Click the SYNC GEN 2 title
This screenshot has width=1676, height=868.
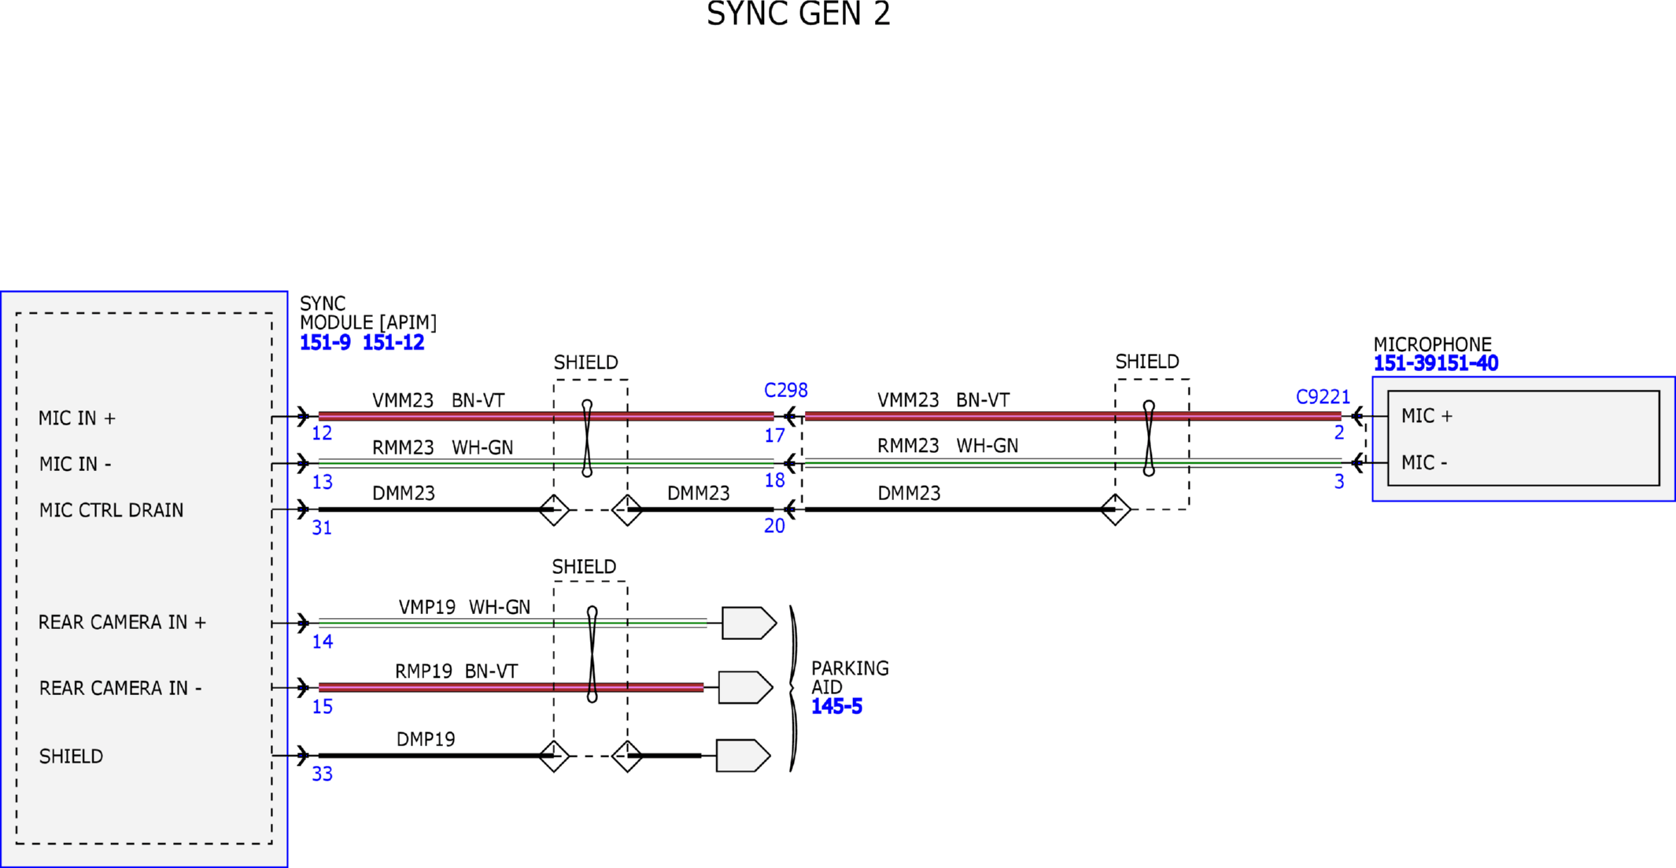(x=798, y=14)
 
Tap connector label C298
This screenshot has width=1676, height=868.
(x=785, y=390)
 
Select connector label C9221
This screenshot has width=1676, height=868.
(x=1323, y=397)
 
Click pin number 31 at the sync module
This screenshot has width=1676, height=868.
(x=322, y=528)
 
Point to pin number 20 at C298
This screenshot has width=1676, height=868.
(x=774, y=526)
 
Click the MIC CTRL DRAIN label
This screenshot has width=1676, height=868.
(x=111, y=510)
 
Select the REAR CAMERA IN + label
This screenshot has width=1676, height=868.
(x=122, y=623)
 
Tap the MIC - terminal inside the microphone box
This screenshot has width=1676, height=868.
(x=1423, y=463)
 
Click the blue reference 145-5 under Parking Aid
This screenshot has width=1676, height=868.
(x=836, y=706)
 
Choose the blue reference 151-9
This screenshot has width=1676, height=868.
(x=325, y=343)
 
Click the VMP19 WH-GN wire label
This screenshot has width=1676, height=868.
(x=464, y=607)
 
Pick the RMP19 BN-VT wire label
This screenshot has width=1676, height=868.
(x=456, y=671)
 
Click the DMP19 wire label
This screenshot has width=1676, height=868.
(x=426, y=739)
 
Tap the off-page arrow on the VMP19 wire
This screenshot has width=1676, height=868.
(x=748, y=623)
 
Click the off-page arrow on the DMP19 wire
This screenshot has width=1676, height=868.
(x=742, y=756)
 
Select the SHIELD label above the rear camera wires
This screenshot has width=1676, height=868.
(x=584, y=567)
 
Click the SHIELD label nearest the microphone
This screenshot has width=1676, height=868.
(x=1146, y=362)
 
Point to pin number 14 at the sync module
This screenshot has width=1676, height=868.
(x=322, y=642)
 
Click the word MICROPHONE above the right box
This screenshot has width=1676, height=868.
(x=1432, y=344)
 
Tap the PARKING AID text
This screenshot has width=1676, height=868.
(x=850, y=677)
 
